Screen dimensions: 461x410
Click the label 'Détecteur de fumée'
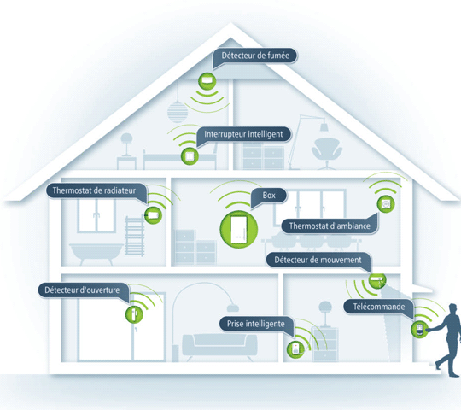[255, 56]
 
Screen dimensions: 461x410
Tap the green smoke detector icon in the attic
[207, 81]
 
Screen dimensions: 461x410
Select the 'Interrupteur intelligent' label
[243, 134]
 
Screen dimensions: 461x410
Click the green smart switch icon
[190, 155]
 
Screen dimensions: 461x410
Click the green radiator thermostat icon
[153, 215]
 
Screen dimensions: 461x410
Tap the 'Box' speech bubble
[269, 196]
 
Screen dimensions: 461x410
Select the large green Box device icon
[239, 230]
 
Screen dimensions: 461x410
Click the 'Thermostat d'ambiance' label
[330, 225]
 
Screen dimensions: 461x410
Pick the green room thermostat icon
[386, 204]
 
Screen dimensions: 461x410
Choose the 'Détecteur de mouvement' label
[318, 260]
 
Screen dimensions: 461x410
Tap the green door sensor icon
[134, 314]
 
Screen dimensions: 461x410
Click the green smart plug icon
[295, 349]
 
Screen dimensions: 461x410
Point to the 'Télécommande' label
[379, 307]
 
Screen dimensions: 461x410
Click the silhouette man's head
[453, 310]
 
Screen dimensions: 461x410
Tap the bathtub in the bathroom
[96, 254]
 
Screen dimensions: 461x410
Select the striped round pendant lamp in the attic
[178, 112]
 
